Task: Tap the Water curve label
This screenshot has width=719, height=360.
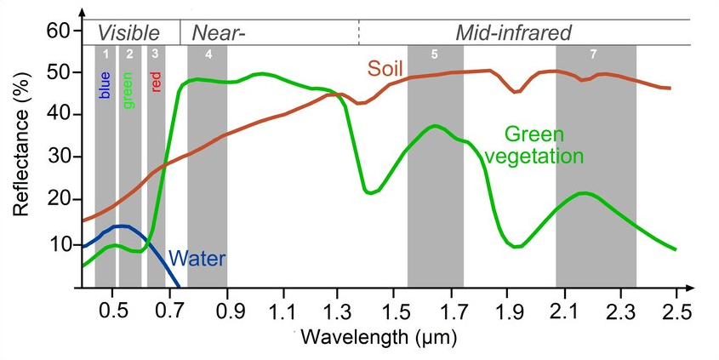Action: click(198, 258)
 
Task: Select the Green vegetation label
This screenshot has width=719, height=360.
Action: click(543, 146)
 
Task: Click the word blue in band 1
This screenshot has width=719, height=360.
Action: click(106, 85)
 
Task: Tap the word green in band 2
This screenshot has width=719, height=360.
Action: click(129, 89)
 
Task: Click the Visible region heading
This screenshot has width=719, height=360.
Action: click(128, 33)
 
